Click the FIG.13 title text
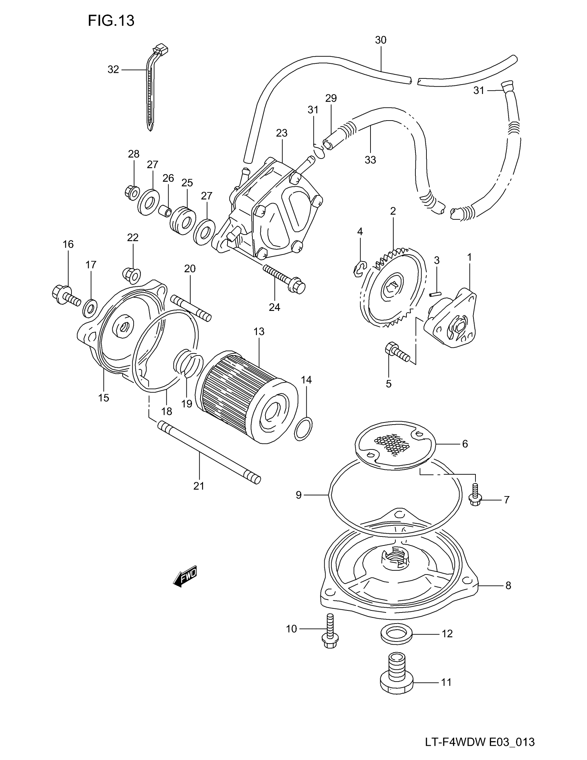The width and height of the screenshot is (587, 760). pyautogui.click(x=111, y=21)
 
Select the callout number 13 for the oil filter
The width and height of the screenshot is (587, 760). pyautogui.click(x=259, y=332)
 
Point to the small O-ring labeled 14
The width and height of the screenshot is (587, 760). pyautogui.click(x=303, y=428)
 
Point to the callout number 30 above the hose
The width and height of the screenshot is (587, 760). pyautogui.click(x=381, y=40)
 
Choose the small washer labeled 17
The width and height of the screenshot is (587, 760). pyautogui.click(x=90, y=307)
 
